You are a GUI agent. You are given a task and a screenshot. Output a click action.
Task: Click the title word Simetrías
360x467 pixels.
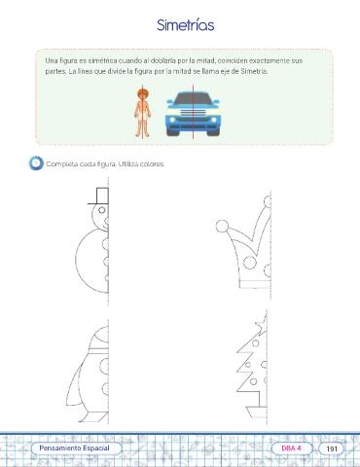[186, 25]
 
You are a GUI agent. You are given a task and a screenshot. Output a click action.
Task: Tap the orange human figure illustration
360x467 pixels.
[143, 112]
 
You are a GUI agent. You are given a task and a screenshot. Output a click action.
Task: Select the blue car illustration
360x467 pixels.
[193, 114]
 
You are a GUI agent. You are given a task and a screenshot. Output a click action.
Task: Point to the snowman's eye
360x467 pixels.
[102, 210]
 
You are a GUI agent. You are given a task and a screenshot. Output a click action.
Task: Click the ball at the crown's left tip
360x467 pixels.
[222, 226]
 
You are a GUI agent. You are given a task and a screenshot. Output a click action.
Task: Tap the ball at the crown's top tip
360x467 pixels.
[268, 201]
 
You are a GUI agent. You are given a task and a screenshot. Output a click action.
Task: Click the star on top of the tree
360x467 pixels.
[262, 324]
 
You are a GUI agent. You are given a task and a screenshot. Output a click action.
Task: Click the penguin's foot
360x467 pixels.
[95, 417]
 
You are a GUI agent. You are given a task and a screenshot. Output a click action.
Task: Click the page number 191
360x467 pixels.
[332, 449]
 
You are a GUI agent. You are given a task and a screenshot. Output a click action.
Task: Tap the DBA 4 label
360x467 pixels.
[291, 449]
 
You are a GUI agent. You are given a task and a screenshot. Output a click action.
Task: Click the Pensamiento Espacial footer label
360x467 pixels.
[74, 449]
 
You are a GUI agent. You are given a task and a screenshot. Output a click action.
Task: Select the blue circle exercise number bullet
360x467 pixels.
[36, 162]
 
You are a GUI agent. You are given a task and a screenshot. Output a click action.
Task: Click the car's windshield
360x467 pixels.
[193, 97]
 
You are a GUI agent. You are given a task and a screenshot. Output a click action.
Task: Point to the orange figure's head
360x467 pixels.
[143, 94]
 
